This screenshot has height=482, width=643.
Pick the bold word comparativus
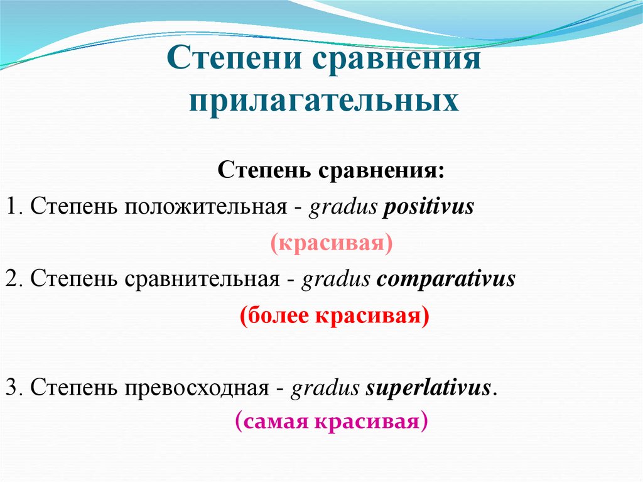(x=446, y=278)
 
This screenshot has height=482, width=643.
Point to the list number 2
(x=11, y=278)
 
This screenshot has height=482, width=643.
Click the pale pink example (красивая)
(x=332, y=243)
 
